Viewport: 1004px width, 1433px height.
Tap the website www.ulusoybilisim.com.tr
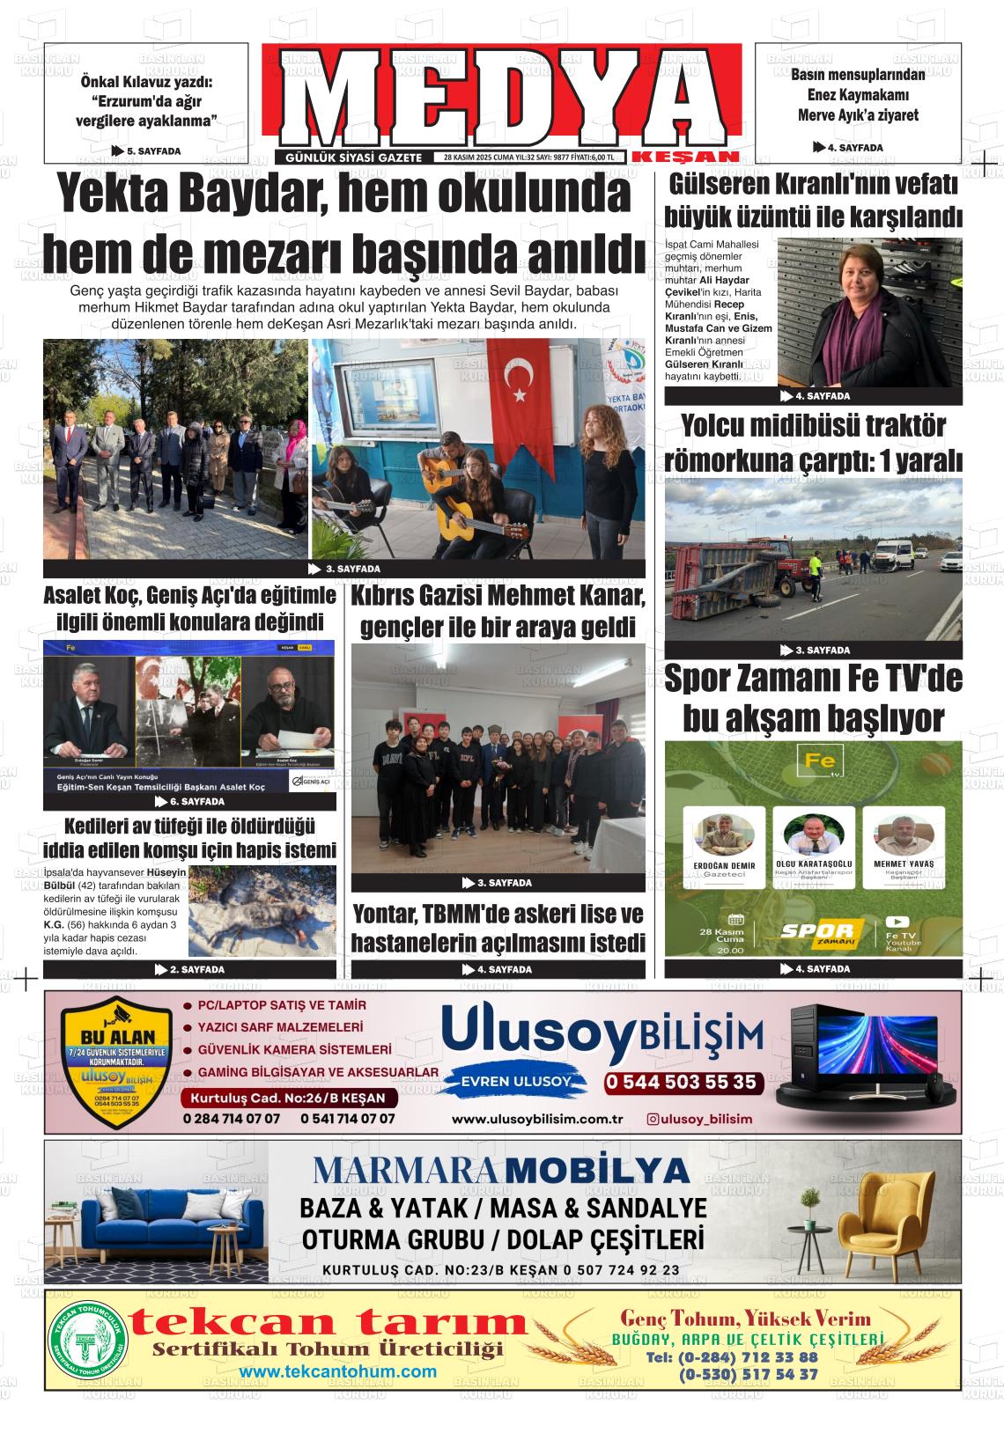[x=537, y=1119]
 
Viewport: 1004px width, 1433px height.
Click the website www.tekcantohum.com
[x=337, y=1371]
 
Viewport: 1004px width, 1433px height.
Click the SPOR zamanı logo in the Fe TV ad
[x=822, y=931]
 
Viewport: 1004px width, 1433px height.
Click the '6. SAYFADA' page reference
[x=189, y=802]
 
